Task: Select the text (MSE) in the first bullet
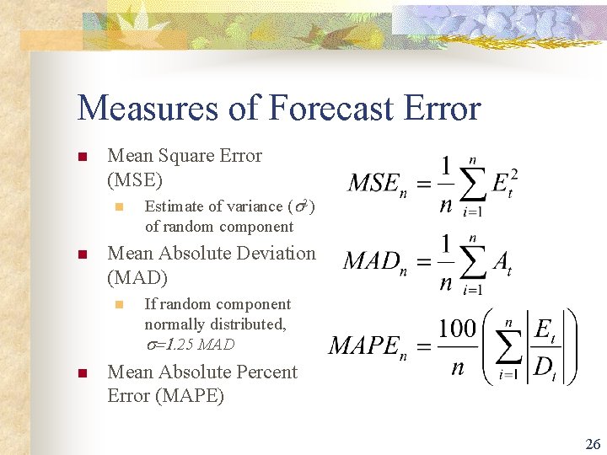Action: (x=135, y=179)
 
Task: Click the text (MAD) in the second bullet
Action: (x=137, y=277)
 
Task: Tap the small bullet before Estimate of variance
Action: (x=120, y=207)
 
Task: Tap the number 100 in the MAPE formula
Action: (x=458, y=328)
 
